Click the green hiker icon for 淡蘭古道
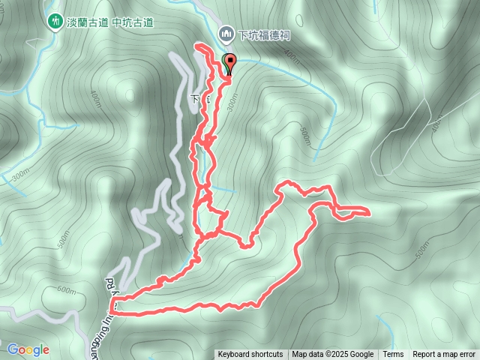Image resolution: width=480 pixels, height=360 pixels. point(55,22)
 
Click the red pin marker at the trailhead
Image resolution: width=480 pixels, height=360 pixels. point(229,64)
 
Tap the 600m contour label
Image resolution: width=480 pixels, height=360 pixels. point(67,290)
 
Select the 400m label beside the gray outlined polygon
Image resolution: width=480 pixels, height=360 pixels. point(437,127)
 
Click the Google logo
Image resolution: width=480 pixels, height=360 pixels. point(28,349)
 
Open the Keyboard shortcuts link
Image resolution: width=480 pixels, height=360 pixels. point(250,355)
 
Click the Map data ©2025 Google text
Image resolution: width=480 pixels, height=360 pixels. point(333,355)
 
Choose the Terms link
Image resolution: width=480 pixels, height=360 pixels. point(393,355)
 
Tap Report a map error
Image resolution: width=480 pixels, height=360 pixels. point(444,355)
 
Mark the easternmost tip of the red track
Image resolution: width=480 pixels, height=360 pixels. point(369,212)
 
